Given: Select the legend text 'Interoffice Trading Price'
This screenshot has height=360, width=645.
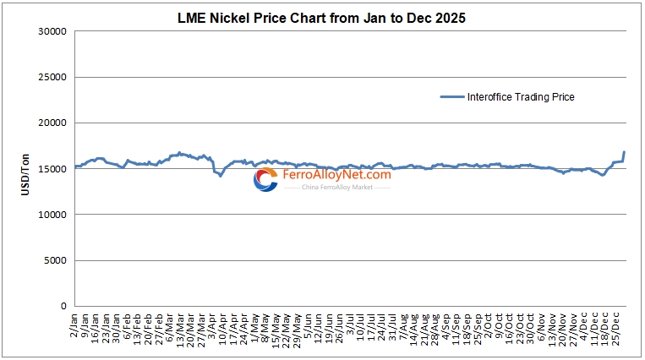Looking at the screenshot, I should pyautogui.click(x=521, y=97).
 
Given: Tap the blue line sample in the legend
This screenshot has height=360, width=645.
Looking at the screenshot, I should pyautogui.click(x=452, y=97).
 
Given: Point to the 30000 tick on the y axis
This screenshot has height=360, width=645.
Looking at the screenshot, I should pyautogui.click(x=52, y=32).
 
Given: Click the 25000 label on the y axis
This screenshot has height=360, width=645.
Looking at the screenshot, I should pyautogui.click(x=52, y=78).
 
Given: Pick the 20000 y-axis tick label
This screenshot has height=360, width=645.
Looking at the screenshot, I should pyautogui.click(x=52, y=123).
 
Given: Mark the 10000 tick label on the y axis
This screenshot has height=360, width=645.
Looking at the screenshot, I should pyautogui.click(x=52, y=215).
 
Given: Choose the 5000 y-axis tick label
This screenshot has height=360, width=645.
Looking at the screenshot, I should pyautogui.click(x=55, y=260).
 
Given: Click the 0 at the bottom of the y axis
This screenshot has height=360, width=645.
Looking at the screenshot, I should pyautogui.click(x=63, y=306).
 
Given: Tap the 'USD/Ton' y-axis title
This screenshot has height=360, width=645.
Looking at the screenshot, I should pyautogui.click(x=25, y=169).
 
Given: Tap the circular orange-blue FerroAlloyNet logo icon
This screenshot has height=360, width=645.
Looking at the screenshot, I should pyautogui.click(x=265, y=178).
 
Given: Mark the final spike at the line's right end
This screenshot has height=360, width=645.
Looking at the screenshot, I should pyautogui.click(x=624, y=152).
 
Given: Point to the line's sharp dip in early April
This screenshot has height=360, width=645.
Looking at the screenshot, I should pyautogui.click(x=221, y=175).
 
